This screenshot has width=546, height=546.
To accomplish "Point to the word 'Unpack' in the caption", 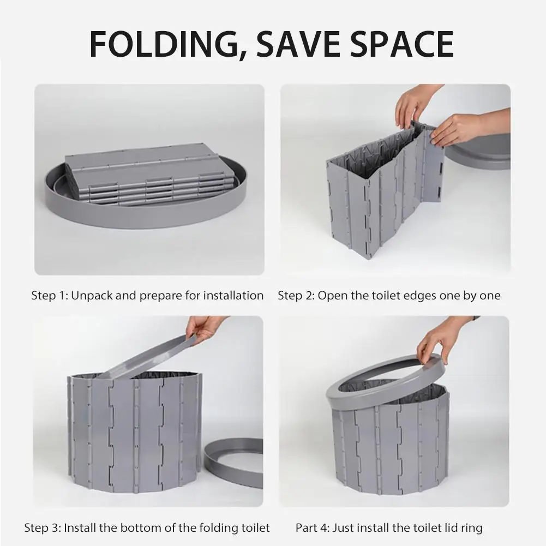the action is [x=92, y=296].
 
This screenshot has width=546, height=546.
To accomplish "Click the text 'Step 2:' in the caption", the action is [x=296, y=296].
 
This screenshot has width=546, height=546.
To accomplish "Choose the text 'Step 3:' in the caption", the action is [x=43, y=528].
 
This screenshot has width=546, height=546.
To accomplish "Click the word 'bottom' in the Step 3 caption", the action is [x=144, y=528].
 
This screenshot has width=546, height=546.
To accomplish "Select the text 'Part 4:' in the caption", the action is [x=313, y=528].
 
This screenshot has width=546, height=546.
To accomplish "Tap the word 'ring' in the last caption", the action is [x=471, y=529].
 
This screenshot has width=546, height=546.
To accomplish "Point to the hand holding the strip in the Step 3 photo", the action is [x=206, y=329].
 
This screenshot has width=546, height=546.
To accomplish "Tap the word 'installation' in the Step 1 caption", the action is [x=233, y=296].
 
